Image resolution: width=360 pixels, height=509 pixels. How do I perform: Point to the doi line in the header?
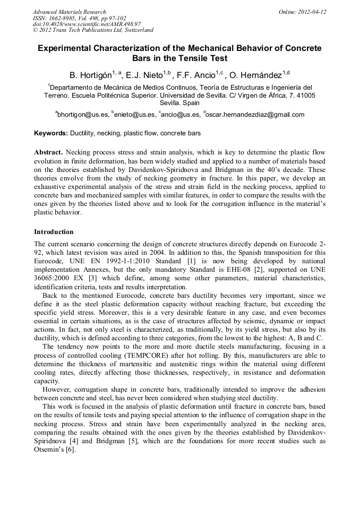pos(87,24)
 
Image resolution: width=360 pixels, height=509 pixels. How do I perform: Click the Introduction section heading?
pos(54,232)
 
